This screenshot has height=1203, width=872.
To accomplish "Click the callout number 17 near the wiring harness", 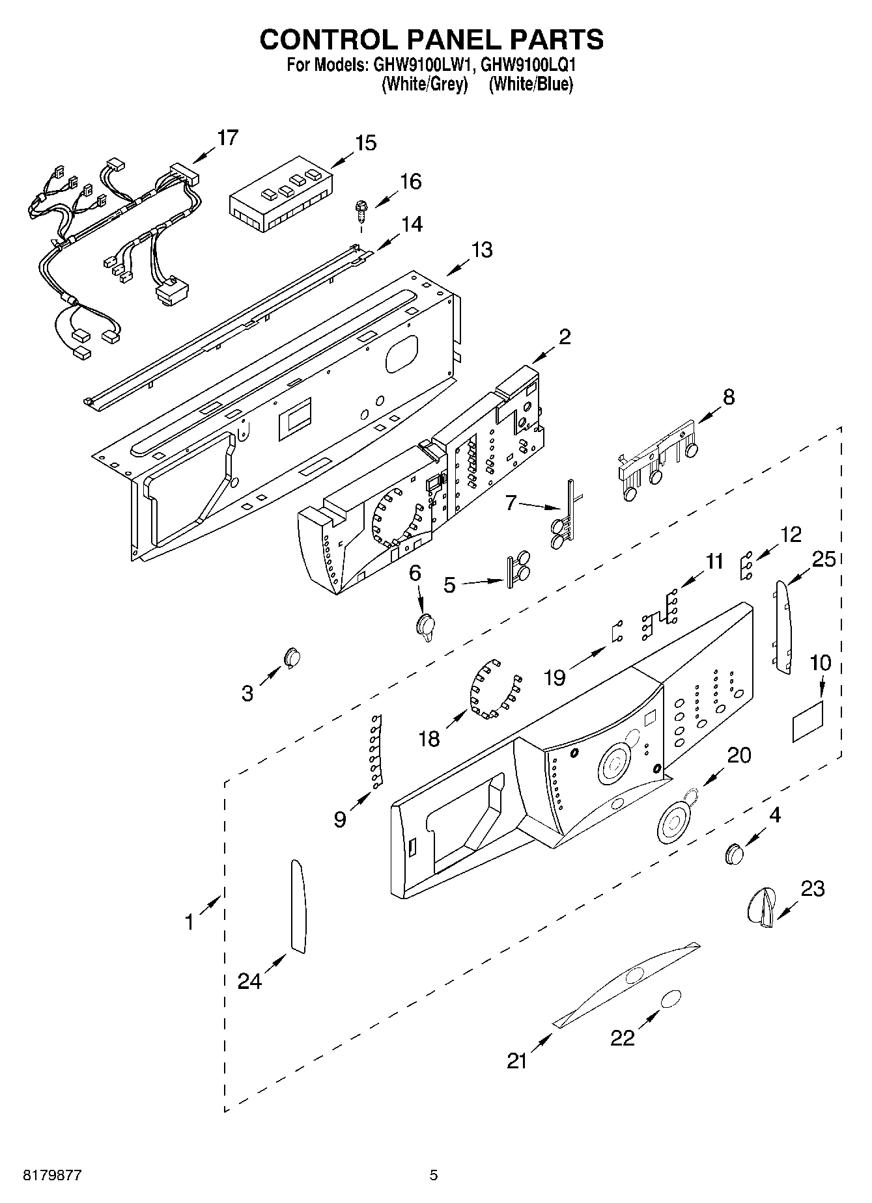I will click(x=227, y=138).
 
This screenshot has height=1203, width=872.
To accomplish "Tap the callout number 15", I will click(x=366, y=142).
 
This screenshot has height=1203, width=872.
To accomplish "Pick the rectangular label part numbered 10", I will click(x=808, y=722).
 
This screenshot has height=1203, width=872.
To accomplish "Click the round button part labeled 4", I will click(x=734, y=852).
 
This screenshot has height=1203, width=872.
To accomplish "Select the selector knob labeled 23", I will click(x=761, y=906).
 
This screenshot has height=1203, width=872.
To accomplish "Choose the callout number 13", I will click(x=482, y=250).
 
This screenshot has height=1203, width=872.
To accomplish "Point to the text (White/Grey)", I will click(x=425, y=84).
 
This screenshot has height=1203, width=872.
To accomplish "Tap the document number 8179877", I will click(x=53, y=1175).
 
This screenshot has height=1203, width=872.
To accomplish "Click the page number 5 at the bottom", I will click(x=434, y=1175).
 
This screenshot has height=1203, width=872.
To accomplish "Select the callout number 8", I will click(x=728, y=396).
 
